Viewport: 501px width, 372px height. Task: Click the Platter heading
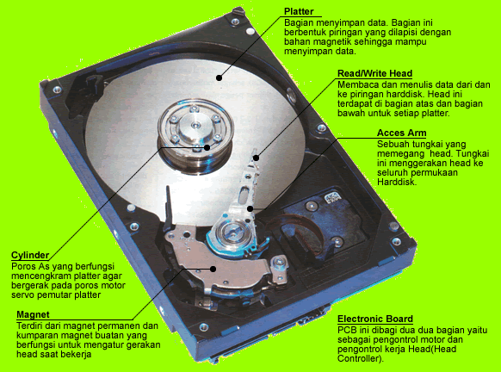pyautogui.click(x=299, y=11)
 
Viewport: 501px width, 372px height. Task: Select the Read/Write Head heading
pyautogui.click(x=374, y=73)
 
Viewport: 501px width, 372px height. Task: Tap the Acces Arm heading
pyautogui.click(x=402, y=133)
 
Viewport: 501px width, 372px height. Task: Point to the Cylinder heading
pyautogui.click(x=30, y=256)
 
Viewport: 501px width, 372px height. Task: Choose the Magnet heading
pyautogui.click(x=33, y=314)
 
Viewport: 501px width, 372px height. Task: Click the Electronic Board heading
pyautogui.click(x=375, y=319)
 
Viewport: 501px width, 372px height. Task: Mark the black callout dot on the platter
pyautogui.click(x=219, y=77)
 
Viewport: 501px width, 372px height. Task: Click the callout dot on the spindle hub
pyautogui.click(x=207, y=147)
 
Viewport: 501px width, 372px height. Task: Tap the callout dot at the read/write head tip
pyautogui.click(x=256, y=158)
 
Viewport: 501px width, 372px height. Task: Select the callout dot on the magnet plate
pyautogui.click(x=213, y=269)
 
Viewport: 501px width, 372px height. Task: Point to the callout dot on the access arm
pyautogui.click(x=251, y=209)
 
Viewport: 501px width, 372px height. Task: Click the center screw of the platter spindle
pyautogui.click(x=195, y=125)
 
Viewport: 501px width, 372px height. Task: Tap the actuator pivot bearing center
pyautogui.click(x=232, y=234)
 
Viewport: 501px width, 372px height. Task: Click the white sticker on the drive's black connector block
pyautogui.click(x=332, y=197)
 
